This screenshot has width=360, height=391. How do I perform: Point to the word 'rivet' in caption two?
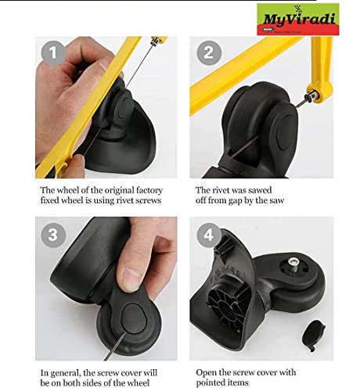(221, 190)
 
